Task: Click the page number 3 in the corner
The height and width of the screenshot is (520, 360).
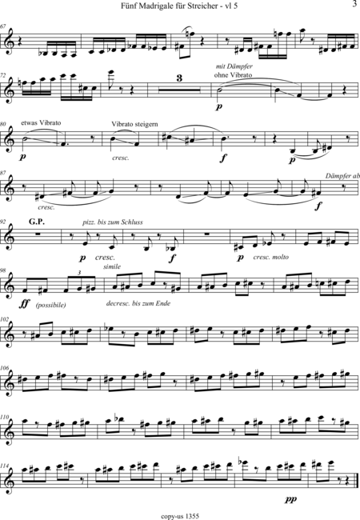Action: click(x=355, y=4)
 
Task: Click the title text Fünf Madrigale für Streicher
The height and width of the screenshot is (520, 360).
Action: click(x=169, y=6)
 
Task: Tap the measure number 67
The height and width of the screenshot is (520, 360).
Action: click(x=3, y=26)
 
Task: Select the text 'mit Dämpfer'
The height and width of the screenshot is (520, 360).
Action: click(x=234, y=66)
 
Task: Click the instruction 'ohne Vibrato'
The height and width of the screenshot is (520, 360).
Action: click(x=233, y=75)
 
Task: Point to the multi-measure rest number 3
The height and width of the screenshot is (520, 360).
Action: click(x=179, y=78)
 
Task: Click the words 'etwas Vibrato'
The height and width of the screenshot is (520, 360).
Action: click(x=41, y=122)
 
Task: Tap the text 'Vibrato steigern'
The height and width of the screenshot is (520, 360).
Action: click(x=134, y=124)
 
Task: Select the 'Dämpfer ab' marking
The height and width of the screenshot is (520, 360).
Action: click(x=342, y=176)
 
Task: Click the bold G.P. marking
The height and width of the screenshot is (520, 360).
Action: click(x=37, y=222)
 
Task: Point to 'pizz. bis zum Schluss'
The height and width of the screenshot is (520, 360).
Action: click(x=113, y=222)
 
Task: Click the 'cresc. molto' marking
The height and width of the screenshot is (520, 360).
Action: click(x=271, y=257)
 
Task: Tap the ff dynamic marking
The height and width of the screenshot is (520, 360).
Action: click(x=25, y=303)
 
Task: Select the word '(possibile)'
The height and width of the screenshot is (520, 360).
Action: click(x=50, y=305)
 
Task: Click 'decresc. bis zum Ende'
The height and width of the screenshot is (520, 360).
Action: click(x=138, y=303)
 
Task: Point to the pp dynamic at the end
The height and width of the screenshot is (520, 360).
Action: click(x=290, y=498)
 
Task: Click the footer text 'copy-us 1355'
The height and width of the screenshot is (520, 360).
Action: click(x=180, y=516)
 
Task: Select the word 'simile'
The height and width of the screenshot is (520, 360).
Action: click(x=112, y=266)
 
